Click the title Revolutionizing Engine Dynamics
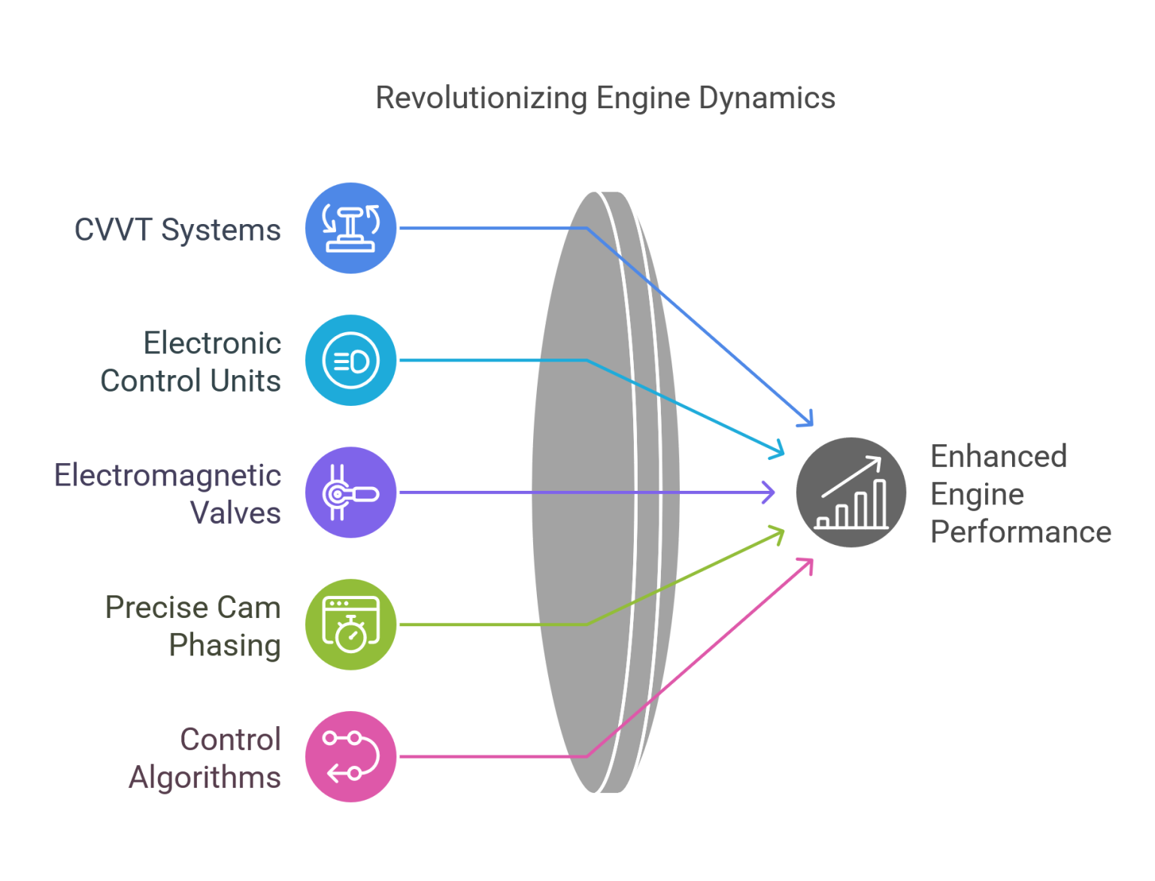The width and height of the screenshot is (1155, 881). click(605, 98)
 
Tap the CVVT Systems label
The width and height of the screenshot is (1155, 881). click(177, 230)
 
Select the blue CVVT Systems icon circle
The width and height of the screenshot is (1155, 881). click(350, 228)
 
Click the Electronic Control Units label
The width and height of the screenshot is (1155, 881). click(190, 362)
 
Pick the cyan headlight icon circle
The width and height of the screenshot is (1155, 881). click(350, 360)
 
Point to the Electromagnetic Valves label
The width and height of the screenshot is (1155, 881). click(168, 494)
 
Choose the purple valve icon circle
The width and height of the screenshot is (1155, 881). click(350, 492)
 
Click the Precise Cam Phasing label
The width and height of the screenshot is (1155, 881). click(192, 626)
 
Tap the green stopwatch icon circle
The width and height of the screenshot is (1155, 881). click(350, 625)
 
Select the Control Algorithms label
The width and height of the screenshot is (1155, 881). click(205, 758)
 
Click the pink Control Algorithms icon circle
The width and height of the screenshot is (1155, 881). click(350, 756)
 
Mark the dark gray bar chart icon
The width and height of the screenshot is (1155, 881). click(851, 492)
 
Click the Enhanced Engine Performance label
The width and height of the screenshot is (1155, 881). click(1021, 494)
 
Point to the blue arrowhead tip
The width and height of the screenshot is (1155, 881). click(812, 425)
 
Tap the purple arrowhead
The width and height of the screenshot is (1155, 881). click(768, 492)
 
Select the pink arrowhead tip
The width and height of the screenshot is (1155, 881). click(812, 559)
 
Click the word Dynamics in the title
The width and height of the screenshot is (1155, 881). click(767, 98)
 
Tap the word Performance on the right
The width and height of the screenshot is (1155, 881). click(1021, 531)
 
